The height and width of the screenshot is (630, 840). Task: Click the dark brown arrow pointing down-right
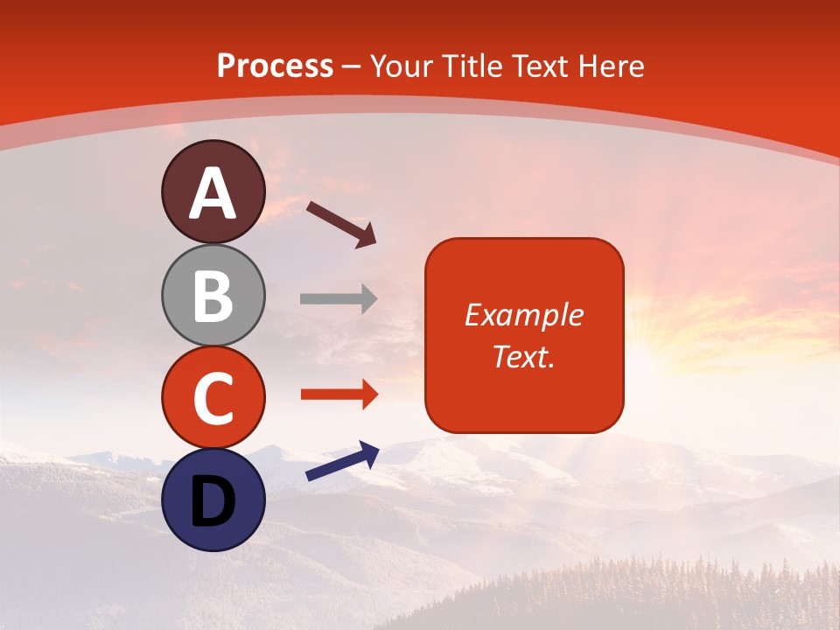tap(342, 224)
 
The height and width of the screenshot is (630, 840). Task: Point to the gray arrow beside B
tap(339, 299)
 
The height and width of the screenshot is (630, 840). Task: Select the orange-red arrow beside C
tap(339, 395)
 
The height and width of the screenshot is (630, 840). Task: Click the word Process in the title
tap(275, 66)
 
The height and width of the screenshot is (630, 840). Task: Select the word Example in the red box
tap(523, 315)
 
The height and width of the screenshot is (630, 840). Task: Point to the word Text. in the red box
tap(523, 356)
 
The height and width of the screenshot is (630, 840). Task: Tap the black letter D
tap(213, 501)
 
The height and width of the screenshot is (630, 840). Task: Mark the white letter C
tap(213, 398)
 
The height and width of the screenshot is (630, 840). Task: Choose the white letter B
tap(213, 296)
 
